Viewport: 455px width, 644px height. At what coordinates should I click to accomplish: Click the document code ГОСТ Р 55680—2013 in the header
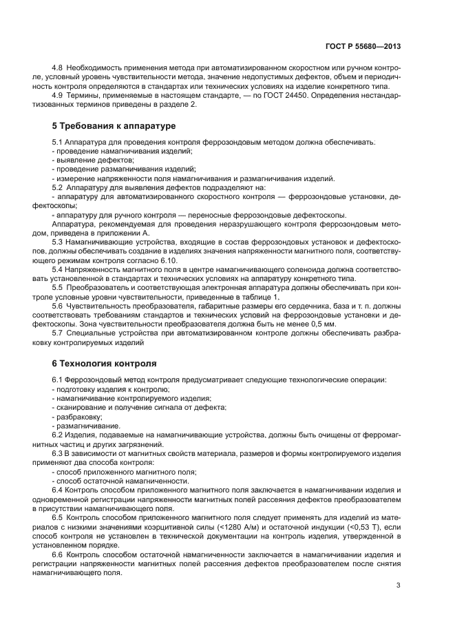point(363,45)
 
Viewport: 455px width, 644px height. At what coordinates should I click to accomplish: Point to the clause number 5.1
point(58,142)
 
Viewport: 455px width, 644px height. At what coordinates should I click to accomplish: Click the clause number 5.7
point(58,333)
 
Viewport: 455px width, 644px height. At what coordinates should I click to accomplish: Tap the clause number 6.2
point(58,435)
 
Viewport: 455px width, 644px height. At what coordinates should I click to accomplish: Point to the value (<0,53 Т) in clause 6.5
point(353,526)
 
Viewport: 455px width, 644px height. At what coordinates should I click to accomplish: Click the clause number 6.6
point(58,554)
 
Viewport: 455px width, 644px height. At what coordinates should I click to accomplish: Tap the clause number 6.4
point(58,490)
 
